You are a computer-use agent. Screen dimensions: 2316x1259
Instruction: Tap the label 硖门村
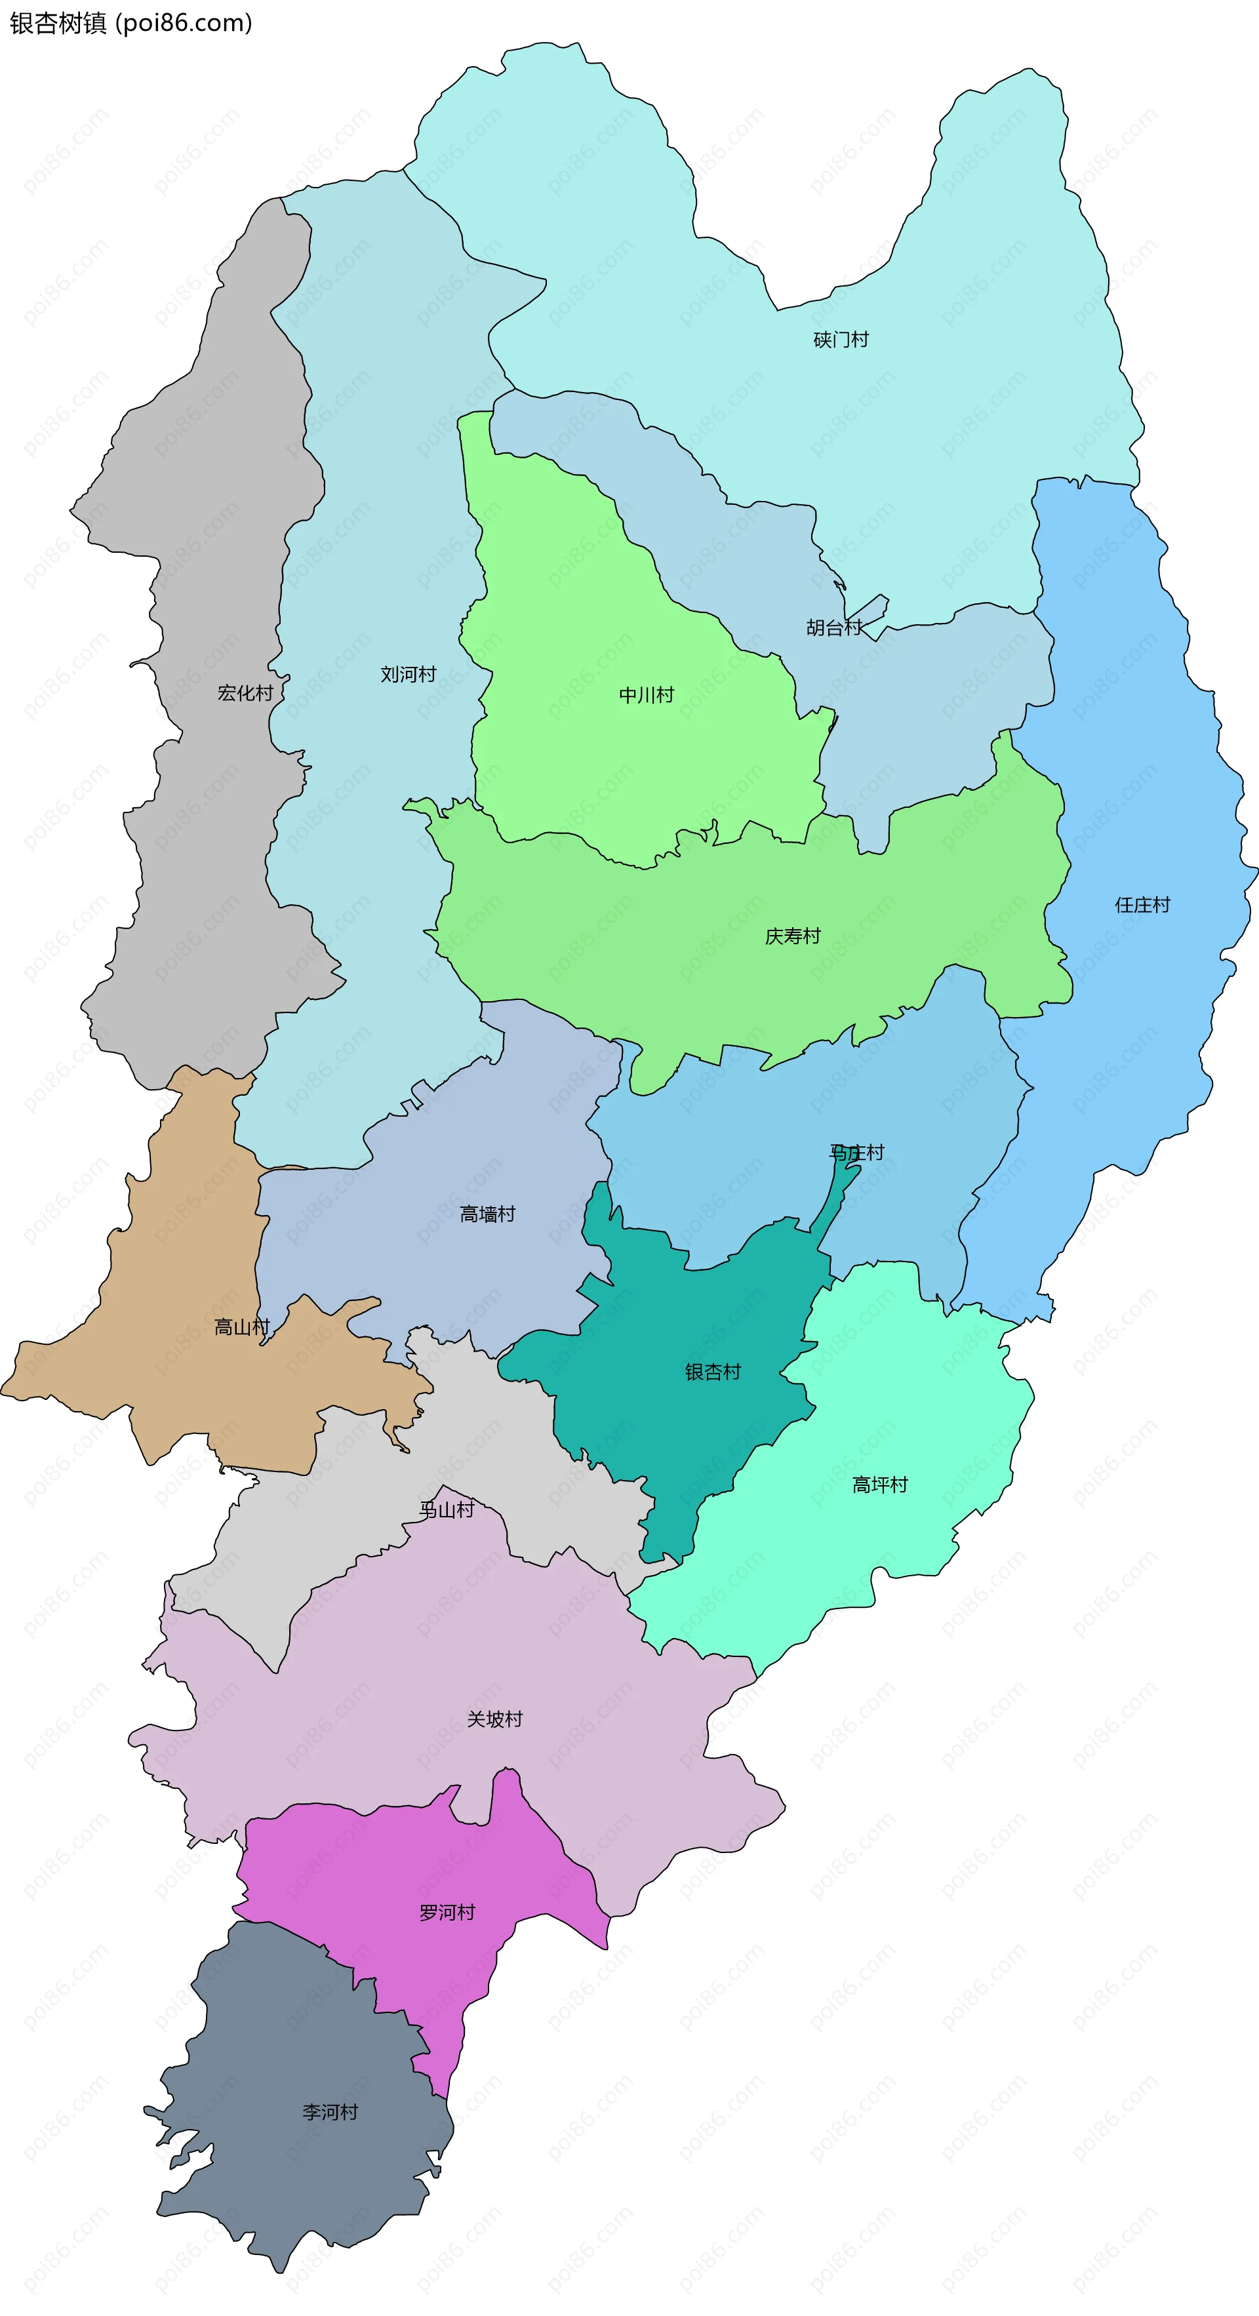click(841, 340)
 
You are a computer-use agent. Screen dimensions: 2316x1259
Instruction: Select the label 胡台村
click(833, 628)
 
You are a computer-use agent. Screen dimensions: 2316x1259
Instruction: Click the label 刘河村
click(409, 674)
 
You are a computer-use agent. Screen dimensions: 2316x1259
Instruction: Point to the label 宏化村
click(245, 693)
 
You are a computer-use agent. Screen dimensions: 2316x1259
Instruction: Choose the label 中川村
click(647, 695)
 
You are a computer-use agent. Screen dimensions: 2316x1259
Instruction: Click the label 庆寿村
click(792, 936)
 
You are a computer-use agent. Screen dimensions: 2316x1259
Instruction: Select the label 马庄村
click(856, 1151)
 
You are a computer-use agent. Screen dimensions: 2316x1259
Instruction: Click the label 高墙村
click(487, 1214)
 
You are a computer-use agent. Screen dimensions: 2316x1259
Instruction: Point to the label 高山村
click(242, 1327)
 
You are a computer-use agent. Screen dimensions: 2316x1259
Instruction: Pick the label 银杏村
click(712, 1372)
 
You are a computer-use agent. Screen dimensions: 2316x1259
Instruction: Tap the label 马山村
click(446, 1509)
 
